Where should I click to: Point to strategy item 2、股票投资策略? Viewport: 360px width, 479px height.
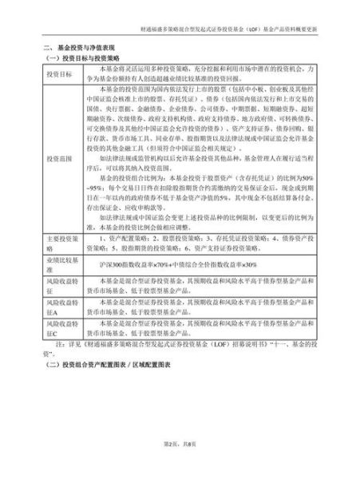tap(171, 261)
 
